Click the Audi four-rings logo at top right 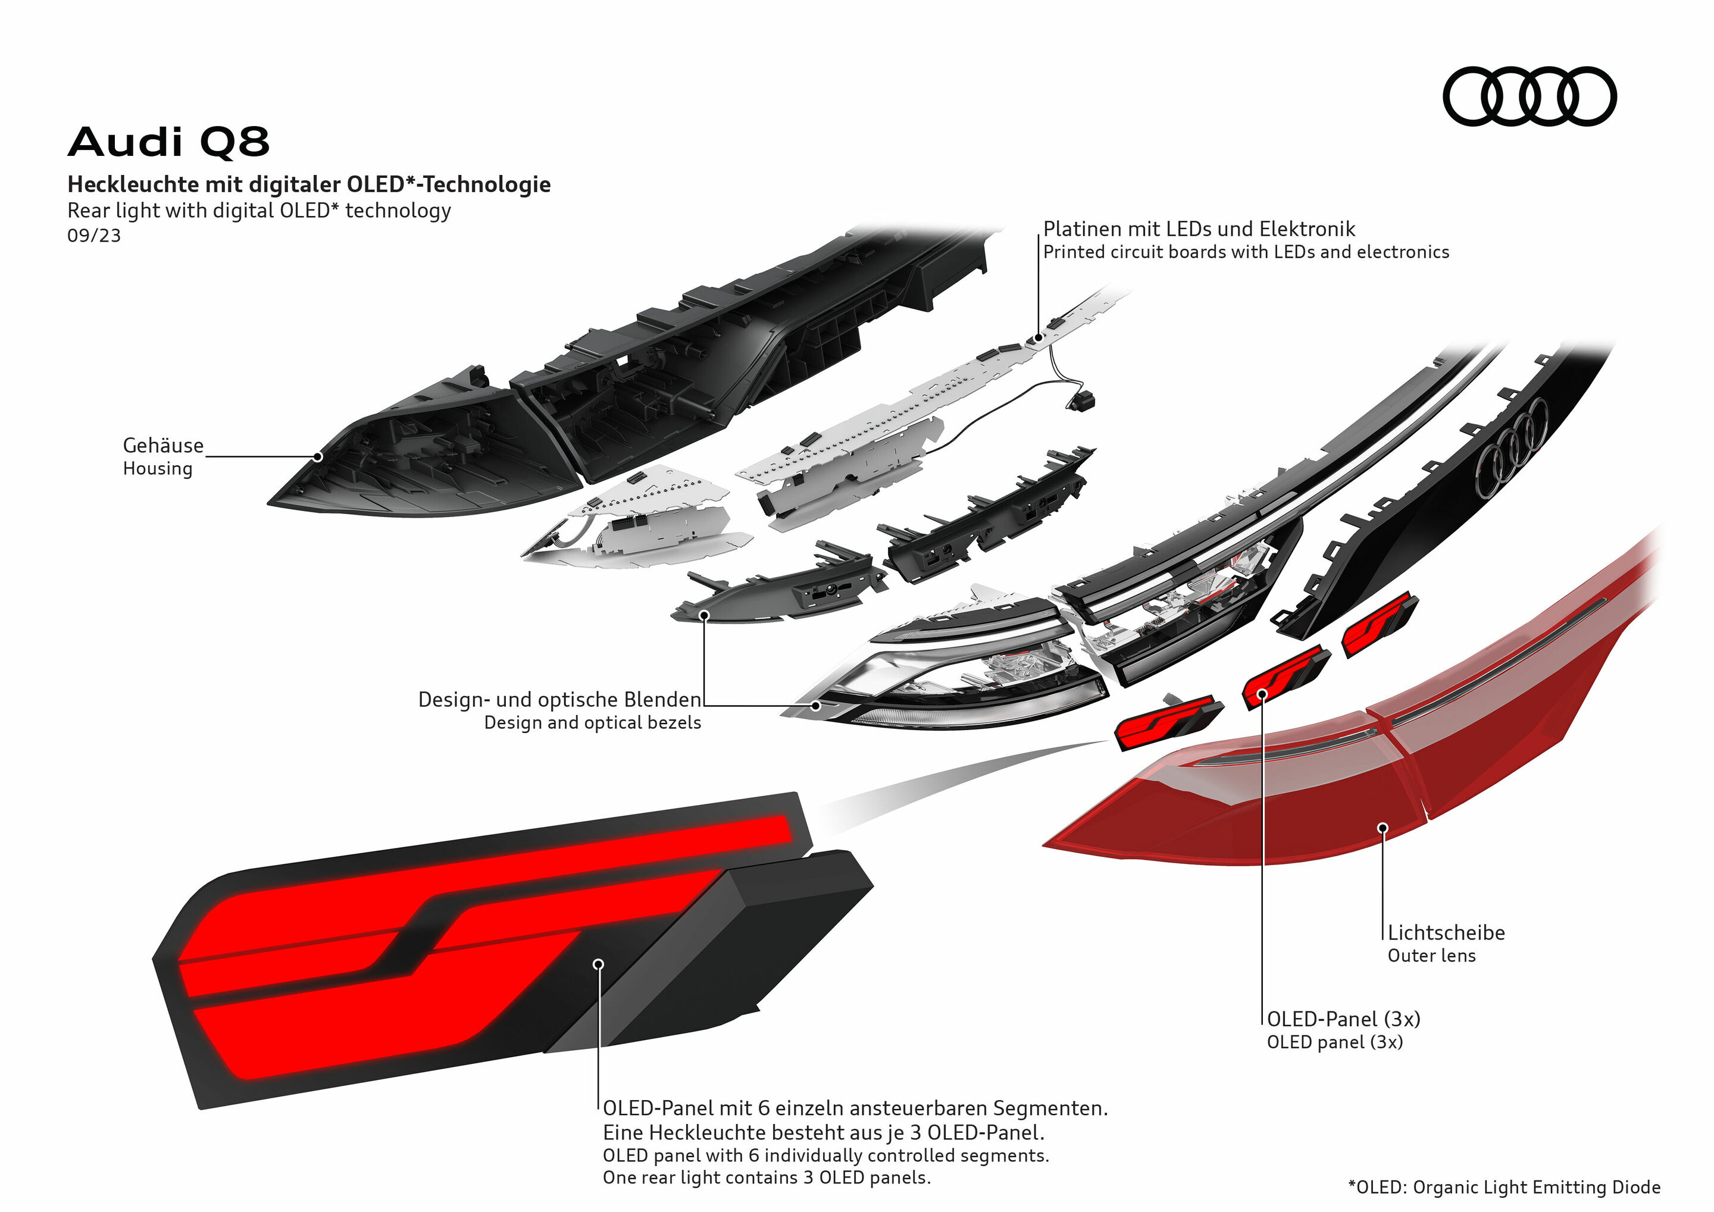tap(1529, 96)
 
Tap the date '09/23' tap(94, 236)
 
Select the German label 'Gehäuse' tap(162, 446)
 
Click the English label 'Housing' tap(158, 469)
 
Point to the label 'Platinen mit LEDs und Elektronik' tap(1198, 229)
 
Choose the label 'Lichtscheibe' tap(1446, 933)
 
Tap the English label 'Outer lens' tap(1431, 956)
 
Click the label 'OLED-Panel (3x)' tap(1343, 1019)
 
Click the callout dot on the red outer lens tap(1383, 828)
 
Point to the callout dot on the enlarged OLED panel tap(598, 964)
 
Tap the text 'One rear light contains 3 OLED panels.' tap(767, 1177)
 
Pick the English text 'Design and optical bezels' tap(593, 722)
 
